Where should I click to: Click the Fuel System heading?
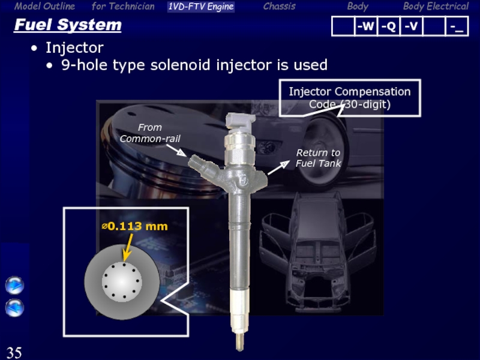[68, 25]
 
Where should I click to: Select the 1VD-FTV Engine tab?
[201, 7]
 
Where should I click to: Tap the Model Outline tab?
[44, 6]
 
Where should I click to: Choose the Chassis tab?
[279, 6]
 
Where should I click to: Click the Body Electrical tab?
[436, 6]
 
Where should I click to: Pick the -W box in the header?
[366, 26]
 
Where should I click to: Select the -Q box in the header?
[388, 26]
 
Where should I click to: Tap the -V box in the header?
[411, 26]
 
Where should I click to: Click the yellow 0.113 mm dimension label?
[134, 226]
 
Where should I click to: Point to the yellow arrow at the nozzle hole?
[128, 247]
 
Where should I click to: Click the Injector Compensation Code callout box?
[350, 98]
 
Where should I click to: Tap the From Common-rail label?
[149, 133]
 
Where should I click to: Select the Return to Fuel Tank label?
[318, 158]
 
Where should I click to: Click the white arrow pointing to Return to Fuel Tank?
[278, 167]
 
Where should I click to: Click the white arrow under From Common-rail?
[176, 150]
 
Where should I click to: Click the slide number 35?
[14, 352]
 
